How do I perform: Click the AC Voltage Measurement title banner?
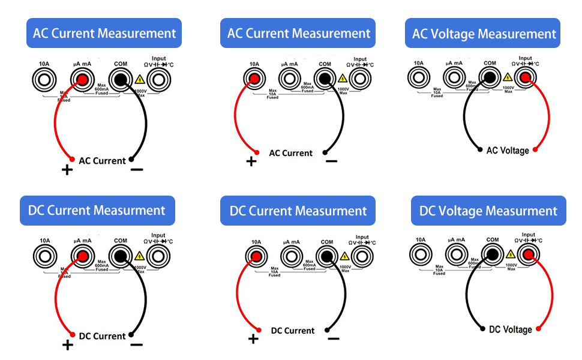pos(484,34)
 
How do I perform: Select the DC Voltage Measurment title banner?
pos(488,211)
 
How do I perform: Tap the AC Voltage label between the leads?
pos(508,150)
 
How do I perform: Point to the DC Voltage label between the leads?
pos(510,329)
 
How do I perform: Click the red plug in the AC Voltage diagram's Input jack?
pos(525,77)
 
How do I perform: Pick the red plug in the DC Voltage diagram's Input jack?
pos(529,255)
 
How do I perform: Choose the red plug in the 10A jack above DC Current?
pos(256,257)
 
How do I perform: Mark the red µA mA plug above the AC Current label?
pos(82,79)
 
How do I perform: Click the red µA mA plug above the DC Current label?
pos(82,257)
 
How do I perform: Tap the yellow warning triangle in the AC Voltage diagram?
pos(508,77)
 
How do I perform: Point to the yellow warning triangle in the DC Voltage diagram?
pos(511,254)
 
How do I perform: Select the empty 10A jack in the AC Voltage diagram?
pos(418,77)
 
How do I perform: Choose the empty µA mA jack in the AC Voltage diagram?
pos(454,77)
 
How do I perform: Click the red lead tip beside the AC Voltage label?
pos(535,149)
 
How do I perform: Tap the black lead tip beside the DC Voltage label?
pos(484,329)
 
